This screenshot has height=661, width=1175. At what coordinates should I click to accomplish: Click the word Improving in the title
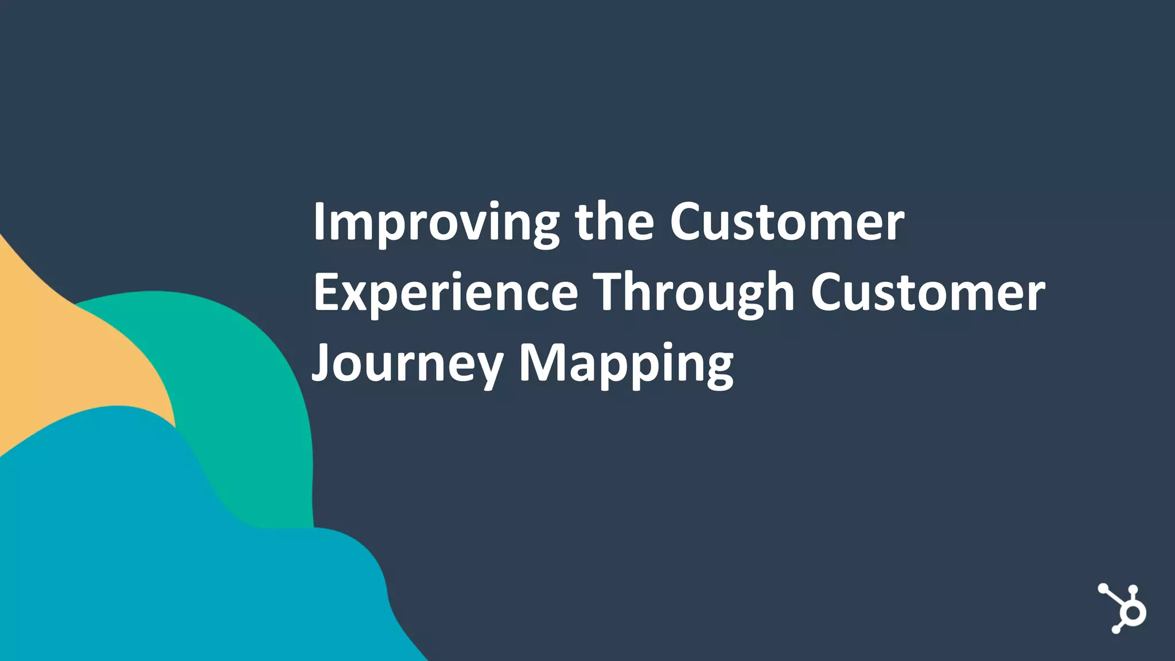pyautogui.click(x=436, y=223)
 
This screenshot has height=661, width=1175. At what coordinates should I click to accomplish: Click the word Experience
pyautogui.click(x=445, y=293)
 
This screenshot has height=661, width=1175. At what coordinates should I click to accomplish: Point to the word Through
pyautogui.click(x=694, y=293)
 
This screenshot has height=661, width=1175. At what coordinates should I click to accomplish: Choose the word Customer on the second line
pyautogui.click(x=928, y=293)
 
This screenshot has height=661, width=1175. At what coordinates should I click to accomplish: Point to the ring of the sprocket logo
pyautogui.click(x=1134, y=613)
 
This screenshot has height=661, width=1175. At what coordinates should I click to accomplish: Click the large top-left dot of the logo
pyautogui.click(x=1103, y=589)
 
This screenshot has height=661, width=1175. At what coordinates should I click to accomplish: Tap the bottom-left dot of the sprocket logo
pyautogui.click(x=1116, y=630)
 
